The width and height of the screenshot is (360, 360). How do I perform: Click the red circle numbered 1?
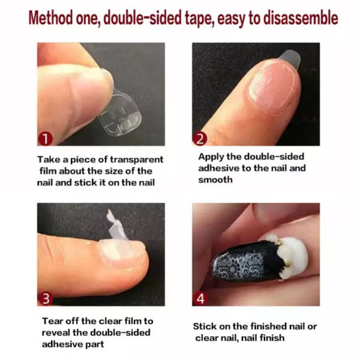pos(45,139)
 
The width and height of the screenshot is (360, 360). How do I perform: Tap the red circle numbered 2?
pos(200,139)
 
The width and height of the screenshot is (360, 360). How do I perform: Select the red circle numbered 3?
pos(45,298)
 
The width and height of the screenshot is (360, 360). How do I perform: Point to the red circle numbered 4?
pos(200,298)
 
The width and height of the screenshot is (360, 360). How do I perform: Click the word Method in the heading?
pos(51,18)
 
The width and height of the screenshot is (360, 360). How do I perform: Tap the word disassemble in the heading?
pos(301,18)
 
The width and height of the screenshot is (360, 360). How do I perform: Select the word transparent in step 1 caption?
pos(137,160)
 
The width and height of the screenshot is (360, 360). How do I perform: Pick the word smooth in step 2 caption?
pos(215,179)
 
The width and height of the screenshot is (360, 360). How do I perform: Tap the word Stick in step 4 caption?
pos(205,326)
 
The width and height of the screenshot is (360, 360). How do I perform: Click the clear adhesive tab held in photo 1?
pos(120,115)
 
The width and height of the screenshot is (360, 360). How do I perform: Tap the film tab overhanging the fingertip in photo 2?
pos(290,59)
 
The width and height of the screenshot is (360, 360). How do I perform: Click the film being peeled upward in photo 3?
pos(116,226)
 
